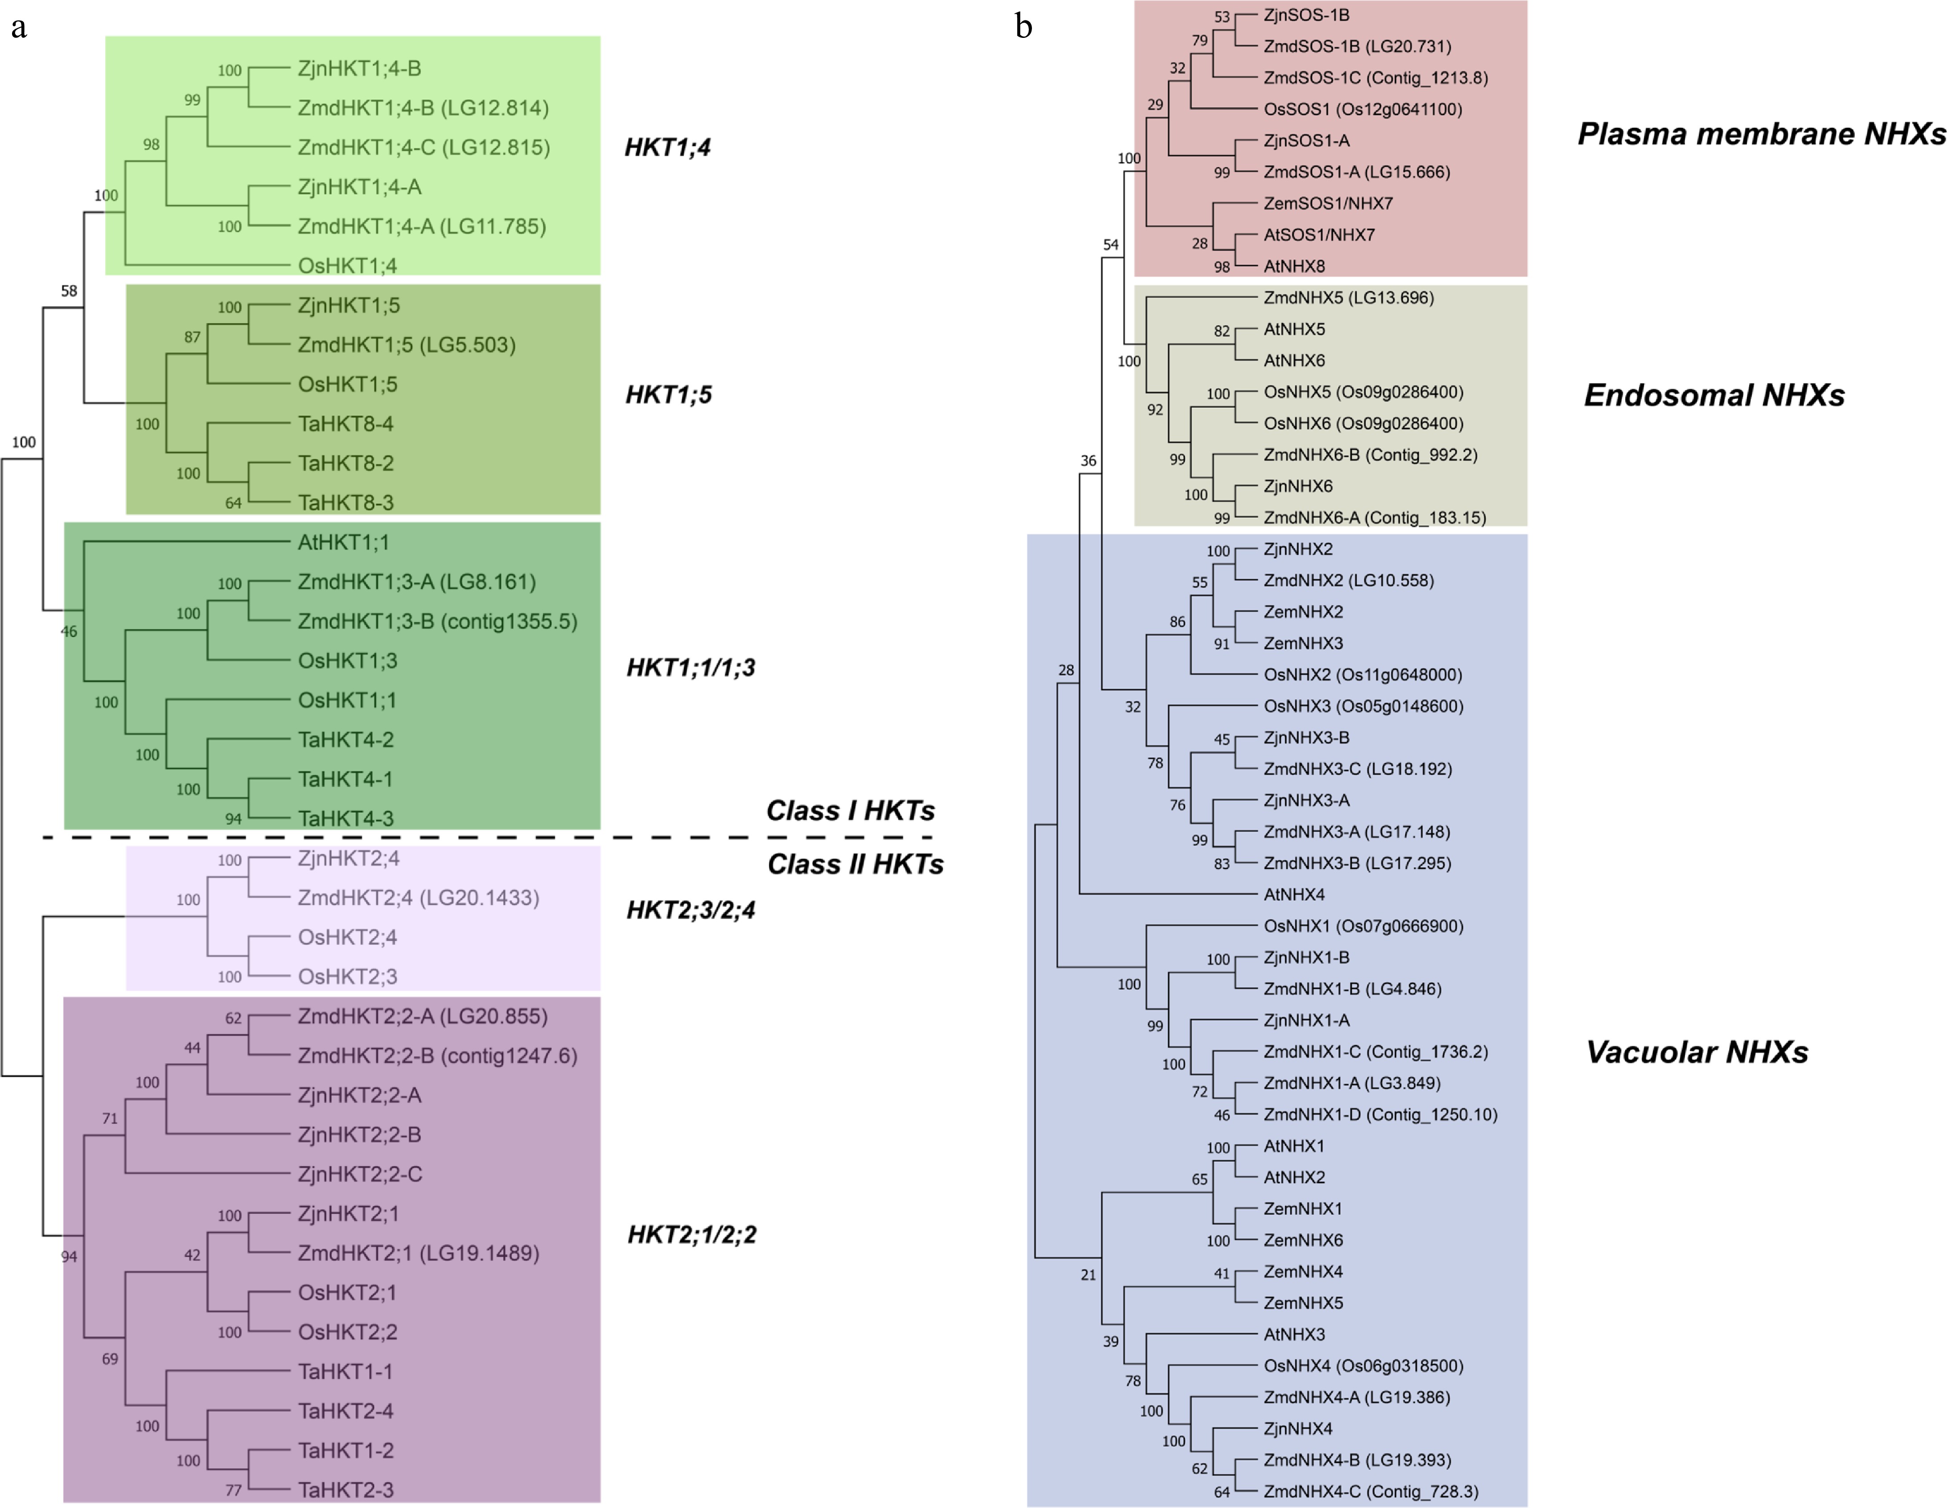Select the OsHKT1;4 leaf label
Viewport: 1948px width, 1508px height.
point(347,266)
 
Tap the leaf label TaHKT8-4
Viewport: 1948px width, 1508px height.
point(345,424)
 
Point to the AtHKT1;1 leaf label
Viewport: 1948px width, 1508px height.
point(343,542)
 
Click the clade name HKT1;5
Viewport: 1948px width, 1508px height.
point(668,395)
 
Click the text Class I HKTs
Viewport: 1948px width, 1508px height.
point(850,811)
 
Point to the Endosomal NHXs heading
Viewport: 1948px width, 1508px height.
point(1714,395)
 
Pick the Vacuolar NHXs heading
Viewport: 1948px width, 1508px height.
point(1697,1052)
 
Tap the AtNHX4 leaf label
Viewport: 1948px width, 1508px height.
point(1294,894)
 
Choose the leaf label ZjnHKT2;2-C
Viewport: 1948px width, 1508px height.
point(359,1175)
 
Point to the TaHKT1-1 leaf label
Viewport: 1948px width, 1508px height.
point(345,1372)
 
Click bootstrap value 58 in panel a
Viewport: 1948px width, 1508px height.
point(69,291)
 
